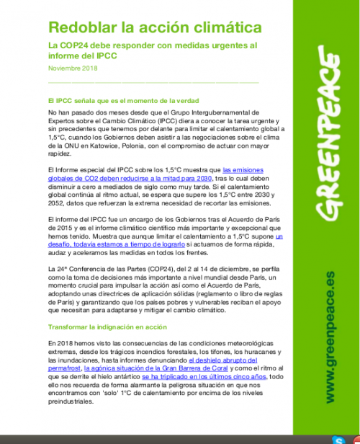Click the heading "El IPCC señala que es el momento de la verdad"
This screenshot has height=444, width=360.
click(122, 100)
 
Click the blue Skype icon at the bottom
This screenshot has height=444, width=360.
click(337, 439)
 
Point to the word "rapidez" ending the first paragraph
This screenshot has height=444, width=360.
click(59, 153)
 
